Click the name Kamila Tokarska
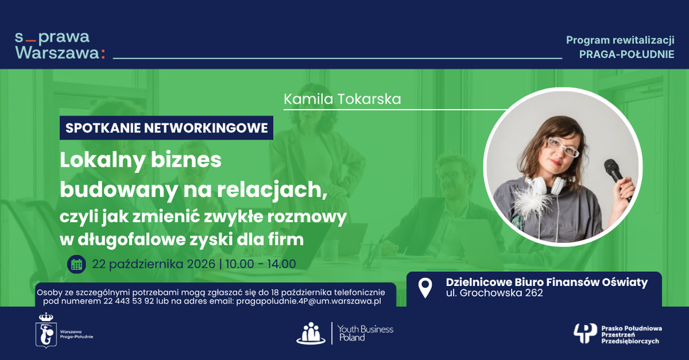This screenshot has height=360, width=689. pos(342,99)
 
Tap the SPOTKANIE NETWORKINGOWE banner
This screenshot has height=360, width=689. pos(167,128)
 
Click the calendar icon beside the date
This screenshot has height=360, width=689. pos(77,264)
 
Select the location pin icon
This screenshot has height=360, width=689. pos(425,288)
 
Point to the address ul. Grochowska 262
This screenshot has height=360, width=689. pos(495,293)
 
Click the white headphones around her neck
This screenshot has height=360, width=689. pos(544,184)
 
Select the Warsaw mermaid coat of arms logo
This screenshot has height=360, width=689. pos(46,330)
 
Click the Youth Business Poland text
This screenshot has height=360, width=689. pos(365,333)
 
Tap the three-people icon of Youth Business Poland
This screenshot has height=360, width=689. pos(311,333)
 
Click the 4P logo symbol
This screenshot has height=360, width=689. pos(585,334)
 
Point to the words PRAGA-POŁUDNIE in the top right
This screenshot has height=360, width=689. pos(626,55)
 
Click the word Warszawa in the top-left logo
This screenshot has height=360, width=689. pos(57,52)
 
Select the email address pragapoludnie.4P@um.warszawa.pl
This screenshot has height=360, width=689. pos(308,301)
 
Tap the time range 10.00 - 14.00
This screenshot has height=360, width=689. pos(260,264)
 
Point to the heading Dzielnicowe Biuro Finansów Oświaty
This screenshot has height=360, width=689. pos(546,282)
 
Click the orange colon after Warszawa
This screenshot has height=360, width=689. pos(103,54)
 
